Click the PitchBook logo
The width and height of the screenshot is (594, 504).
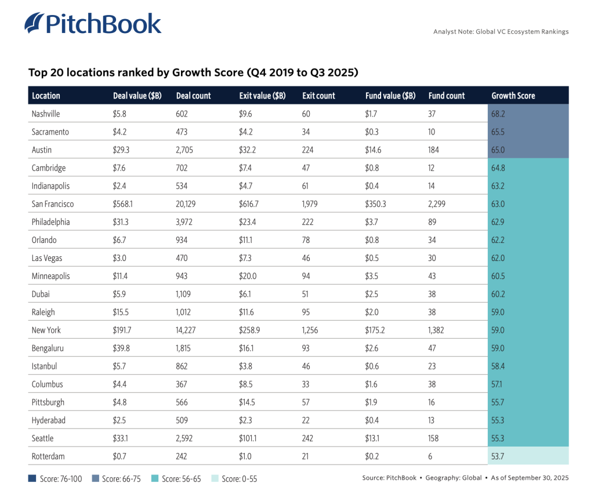pos(93,23)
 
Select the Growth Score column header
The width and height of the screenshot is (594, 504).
pos(513,96)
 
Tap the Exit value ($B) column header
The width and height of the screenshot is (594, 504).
pos(262,96)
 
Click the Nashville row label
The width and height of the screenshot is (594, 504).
pos(46,114)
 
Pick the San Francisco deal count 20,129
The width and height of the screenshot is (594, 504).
pos(187,204)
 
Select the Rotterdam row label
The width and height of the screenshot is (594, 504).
pos(48,456)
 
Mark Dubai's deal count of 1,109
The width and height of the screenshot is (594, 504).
pos(185,294)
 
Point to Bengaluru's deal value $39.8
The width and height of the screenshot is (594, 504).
pos(122,348)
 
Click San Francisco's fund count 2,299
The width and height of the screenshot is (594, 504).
pos(439,204)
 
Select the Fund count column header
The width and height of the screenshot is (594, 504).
pos(447,96)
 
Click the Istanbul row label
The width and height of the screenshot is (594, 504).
pos(44,366)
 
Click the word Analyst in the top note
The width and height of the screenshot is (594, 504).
pos(445,31)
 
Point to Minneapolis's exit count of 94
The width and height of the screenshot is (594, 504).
pos(306,276)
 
